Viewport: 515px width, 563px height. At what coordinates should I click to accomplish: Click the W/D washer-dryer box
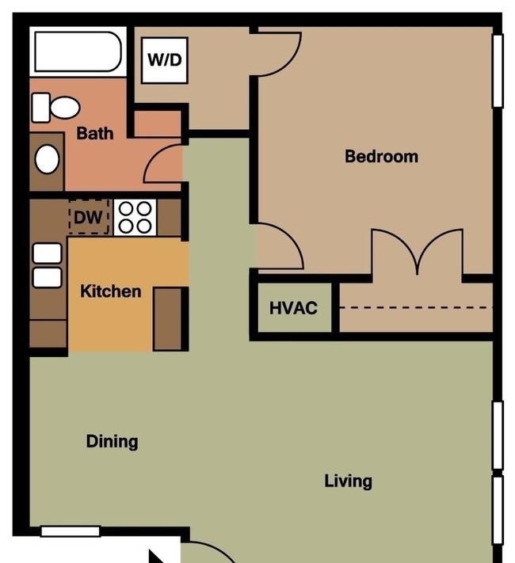coord(165,60)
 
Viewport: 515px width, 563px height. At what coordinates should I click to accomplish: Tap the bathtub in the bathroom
coord(78,51)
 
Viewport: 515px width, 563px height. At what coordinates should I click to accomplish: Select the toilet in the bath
coord(55,108)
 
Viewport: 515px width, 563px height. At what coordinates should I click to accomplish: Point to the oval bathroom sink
coord(47,159)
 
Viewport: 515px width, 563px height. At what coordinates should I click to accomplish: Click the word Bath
coord(95,133)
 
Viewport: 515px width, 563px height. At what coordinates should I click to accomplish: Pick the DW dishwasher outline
coord(89,217)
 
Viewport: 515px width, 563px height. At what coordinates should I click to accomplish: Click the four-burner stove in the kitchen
coord(135,217)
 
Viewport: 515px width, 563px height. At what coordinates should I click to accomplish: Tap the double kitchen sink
coord(47,265)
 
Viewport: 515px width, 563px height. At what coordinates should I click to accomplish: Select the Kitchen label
coord(110,291)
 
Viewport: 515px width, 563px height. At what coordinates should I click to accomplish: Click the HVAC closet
coord(295,308)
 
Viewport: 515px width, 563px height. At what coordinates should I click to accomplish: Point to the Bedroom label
coord(381,157)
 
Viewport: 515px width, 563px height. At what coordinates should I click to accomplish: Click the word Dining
coord(113,442)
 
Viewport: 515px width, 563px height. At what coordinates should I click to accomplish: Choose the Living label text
coord(348,481)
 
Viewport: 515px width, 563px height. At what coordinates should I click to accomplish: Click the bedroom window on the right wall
coord(498,70)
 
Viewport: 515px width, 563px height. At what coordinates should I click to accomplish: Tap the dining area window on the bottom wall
coord(71,531)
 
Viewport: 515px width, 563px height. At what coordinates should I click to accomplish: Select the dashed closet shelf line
coord(416,308)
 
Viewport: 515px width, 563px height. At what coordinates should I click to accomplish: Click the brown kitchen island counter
coord(167,319)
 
